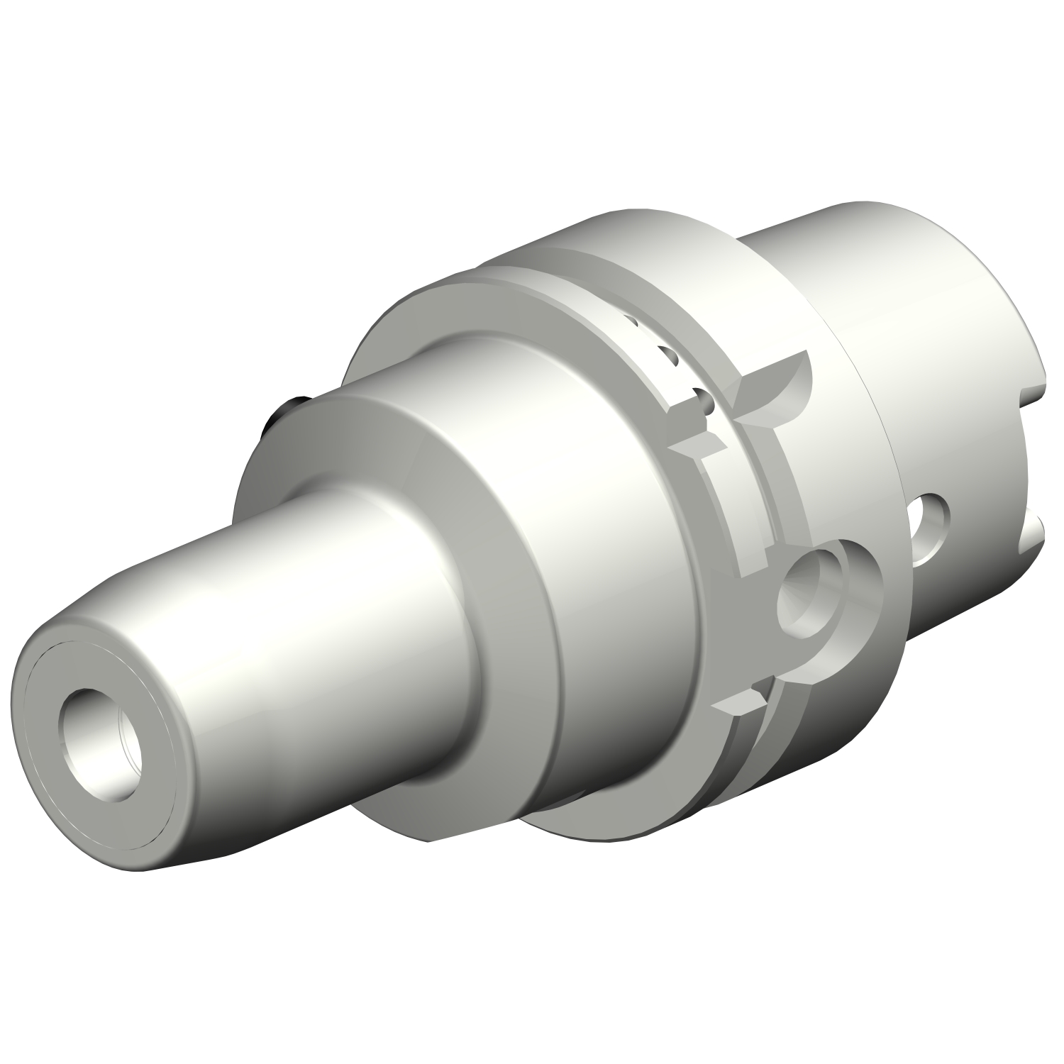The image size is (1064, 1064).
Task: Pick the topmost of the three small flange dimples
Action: click(629, 322)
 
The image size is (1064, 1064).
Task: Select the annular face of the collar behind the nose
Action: click(298, 454)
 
